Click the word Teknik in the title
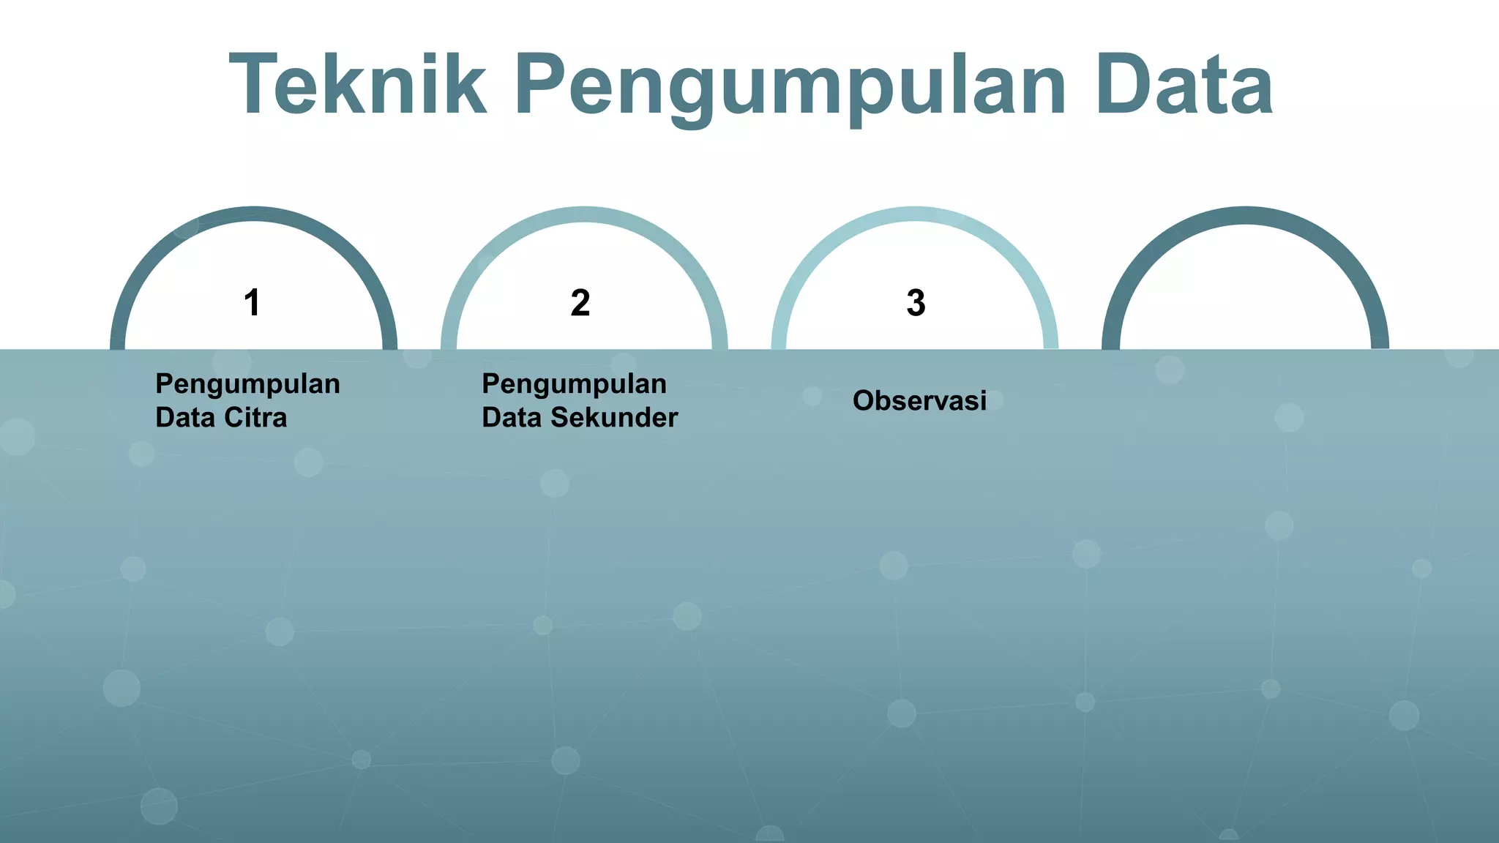point(357,85)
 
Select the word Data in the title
point(1184,85)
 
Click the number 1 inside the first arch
point(253,302)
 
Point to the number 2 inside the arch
point(580,302)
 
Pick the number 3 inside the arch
point(916,302)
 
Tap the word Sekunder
point(614,418)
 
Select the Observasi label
point(919,401)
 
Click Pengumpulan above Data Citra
point(247,384)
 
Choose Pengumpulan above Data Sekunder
point(574,384)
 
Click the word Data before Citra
point(184,418)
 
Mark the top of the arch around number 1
point(253,214)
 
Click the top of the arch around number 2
point(584,214)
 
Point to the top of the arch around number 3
point(915,214)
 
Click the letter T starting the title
point(253,85)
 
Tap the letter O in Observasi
point(864,401)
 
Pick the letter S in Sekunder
point(559,418)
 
